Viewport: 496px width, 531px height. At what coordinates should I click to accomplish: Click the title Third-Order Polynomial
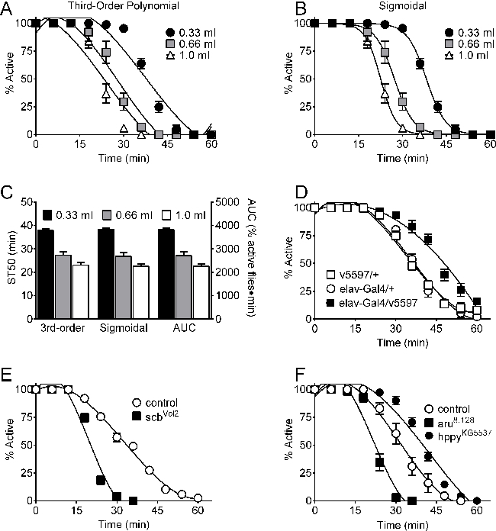[x=95, y=7]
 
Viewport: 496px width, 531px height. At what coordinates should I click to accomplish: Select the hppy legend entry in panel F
[x=462, y=430]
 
